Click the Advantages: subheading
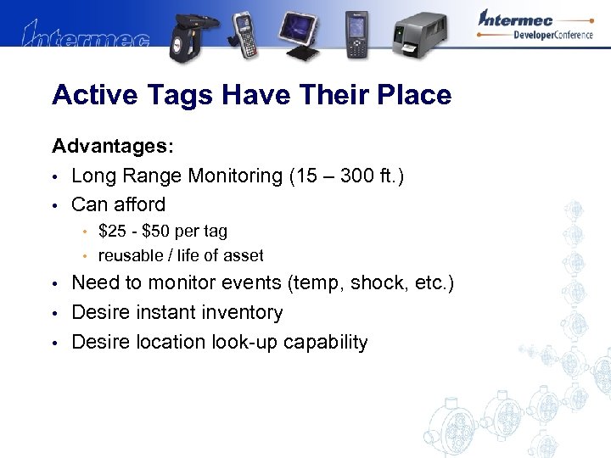[x=113, y=147]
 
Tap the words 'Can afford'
[x=118, y=204]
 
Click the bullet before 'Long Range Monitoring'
[x=54, y=176]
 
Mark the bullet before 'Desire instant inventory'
[x=54, y=313]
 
